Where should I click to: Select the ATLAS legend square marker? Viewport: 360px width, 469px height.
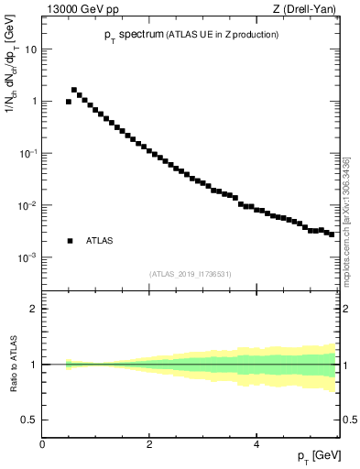point(70,241)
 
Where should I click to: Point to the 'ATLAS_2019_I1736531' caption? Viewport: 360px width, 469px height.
point(190,273)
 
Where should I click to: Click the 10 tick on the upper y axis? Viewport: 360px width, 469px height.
point(32,49)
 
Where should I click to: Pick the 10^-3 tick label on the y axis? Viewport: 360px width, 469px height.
point(29,257)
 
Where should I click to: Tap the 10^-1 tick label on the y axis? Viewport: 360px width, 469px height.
point(29,153)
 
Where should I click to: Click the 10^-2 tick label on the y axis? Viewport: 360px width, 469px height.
point(29,205)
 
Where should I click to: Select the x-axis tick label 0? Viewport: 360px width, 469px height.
point(43,444)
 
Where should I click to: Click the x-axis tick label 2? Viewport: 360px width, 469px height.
point(149,444)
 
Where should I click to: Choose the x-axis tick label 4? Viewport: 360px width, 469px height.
point(256,444)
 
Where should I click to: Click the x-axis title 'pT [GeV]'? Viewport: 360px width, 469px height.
point(318,456)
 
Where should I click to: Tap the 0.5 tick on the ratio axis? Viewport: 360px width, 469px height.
point(31,420)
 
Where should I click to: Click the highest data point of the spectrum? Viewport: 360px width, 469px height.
point(74,90)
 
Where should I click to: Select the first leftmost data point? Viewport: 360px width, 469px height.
point(69,102)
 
